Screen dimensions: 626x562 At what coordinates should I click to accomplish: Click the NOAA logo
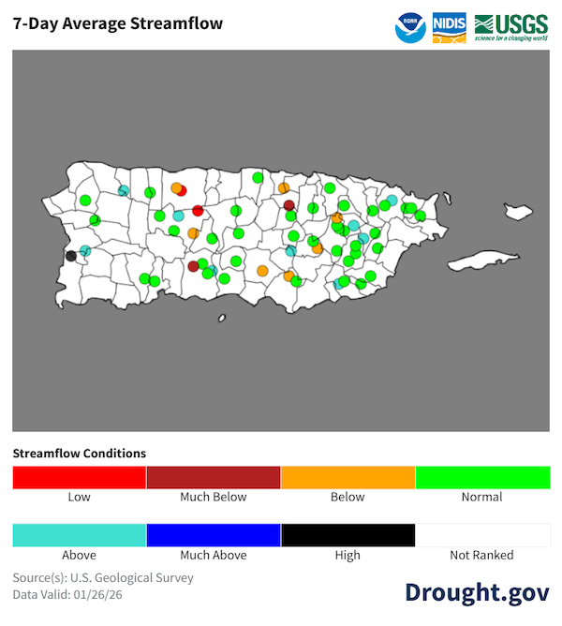(x=409, y=27)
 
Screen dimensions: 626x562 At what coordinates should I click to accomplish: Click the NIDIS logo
(x=449, y=27)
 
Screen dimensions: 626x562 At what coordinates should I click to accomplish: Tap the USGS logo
(x=511, y=27)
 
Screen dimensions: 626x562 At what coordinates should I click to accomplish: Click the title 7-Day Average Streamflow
(x=118, y=23)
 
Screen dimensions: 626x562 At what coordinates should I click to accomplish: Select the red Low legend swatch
(x=80, y=477)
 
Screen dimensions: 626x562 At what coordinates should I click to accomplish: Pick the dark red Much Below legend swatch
(x=214, y=477)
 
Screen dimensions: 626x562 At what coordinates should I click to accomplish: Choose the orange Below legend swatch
(x=348, y=477)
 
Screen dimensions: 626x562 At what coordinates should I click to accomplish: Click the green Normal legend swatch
(x=482, y=477)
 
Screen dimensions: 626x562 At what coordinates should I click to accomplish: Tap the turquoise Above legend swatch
(x=80, y=535)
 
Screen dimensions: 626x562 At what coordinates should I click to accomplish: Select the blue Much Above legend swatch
(x=214, y=535)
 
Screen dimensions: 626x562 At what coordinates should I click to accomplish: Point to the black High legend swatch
(x=348, y=535)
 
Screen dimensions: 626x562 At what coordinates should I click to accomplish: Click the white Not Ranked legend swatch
(x=482, y=535)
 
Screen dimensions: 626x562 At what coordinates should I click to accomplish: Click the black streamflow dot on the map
(x=71, y=255)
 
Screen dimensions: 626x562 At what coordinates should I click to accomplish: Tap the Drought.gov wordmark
(x=477, y=591)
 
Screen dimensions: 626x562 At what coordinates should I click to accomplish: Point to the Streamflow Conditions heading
(x=80, y=454)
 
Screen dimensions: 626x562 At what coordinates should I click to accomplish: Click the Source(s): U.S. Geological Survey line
(x=103, y=577)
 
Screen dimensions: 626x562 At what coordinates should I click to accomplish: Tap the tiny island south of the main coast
(x=222, y=318)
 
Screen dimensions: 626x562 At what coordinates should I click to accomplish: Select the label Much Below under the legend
(x=214, y=497)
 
